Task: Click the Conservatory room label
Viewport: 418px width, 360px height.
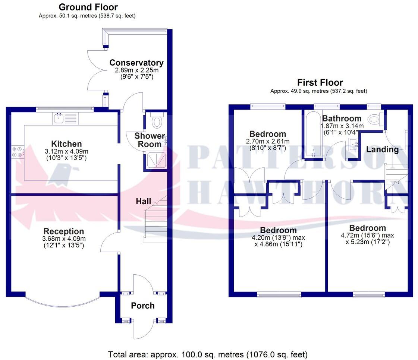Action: pos(136,63)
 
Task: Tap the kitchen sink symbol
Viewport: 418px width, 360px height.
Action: pos(59,119)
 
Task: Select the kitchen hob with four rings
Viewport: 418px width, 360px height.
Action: pos(17,152)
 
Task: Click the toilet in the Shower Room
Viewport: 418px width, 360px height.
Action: pos(157,121)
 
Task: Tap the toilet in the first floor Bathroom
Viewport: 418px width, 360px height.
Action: pos(373,120)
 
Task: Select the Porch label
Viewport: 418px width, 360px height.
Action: pos(142,306)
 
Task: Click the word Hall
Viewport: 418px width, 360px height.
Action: pos(143,201)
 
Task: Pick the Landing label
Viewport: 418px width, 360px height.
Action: pos(382,149)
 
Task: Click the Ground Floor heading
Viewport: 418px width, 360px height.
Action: pos(88,7)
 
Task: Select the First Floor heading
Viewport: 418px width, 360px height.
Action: pos(320,82)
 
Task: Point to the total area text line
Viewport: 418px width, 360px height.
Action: pos(208,354)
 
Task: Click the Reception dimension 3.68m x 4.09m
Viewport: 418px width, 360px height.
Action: pos(64,239)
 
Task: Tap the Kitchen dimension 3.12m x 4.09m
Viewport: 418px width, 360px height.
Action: pos(66,151)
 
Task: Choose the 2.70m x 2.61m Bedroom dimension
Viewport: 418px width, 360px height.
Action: pos(268,141)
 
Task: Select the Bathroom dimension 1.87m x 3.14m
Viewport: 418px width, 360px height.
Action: pos(342,126)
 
